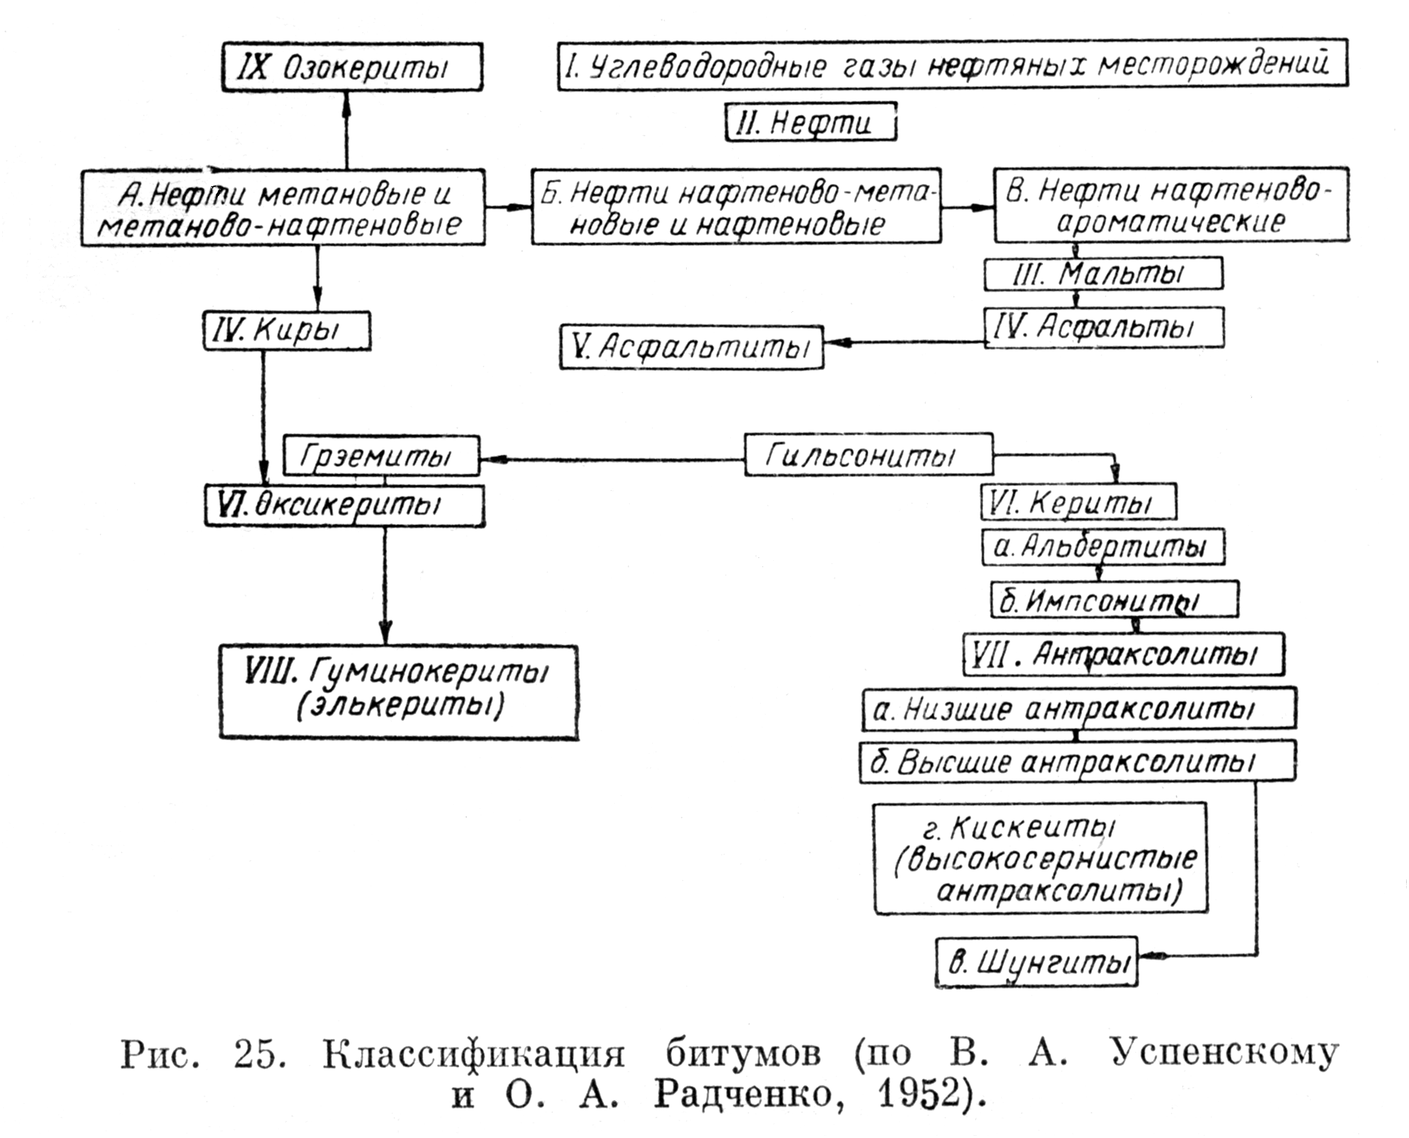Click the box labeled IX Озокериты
(x=352, y=67)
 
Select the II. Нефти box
(x=811, y=122)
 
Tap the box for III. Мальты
(x=1103, y=273)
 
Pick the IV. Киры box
(x=286, y=330)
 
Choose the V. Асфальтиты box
(x=691, y=347)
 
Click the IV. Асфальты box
(x=1104, y=327)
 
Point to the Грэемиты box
(x=381, y=456)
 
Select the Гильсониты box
(x=868, y=454)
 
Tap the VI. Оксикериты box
(x=344, y=505)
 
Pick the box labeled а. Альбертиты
(x=1103, y=547)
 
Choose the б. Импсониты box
(x=1114, y=599)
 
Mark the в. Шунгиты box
(x=1036, y=961)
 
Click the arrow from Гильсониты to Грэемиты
(x=612, y=460)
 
